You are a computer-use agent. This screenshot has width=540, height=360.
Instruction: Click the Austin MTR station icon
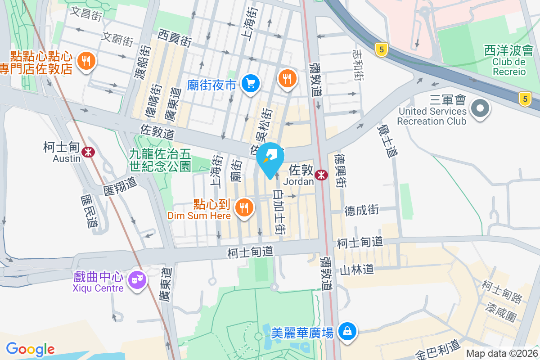(x=88, y=152)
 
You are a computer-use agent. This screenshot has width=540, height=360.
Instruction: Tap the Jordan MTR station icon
(x=321, y=175)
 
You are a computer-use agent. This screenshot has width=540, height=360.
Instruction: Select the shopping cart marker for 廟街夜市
(x=250, y=83)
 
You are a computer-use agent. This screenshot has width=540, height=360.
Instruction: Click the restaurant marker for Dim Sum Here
(x=244, y=207)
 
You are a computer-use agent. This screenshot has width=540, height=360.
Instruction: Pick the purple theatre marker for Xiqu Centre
(x=137, y=280)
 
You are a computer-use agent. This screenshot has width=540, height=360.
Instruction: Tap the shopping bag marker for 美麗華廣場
(x=347, y=332)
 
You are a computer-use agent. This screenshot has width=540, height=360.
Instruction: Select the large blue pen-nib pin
(x=270, y=159)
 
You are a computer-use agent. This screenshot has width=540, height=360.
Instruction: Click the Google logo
(x=30, y=349)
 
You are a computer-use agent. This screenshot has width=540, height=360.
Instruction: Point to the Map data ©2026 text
(x=502, y=353)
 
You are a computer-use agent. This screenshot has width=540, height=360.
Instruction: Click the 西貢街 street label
(x=175, y=38)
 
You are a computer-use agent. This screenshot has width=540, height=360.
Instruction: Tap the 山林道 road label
(x=357, y=270)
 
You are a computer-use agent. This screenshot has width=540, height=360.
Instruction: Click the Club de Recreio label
(x=509, y=67)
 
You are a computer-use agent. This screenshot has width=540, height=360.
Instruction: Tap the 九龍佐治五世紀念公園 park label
(x=160, y=160)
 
